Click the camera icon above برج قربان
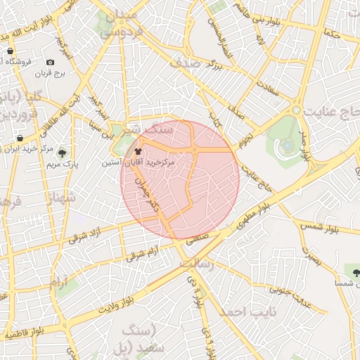50,63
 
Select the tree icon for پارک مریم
62,153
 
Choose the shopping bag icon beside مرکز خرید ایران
20,137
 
